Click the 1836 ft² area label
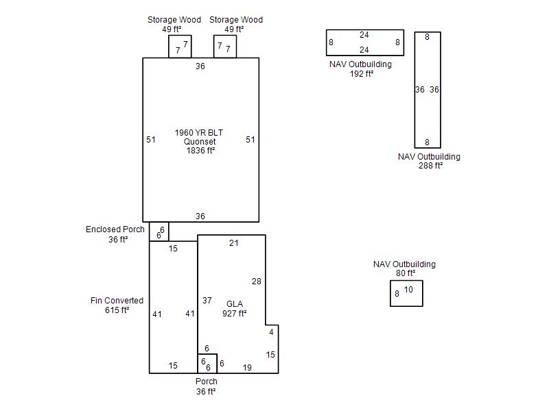[x=200, y=151]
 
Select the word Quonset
[x=200, y=142]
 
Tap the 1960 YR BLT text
[x=199, y=133]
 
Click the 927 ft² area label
[x=234, y=314]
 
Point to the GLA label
[x=235, y=304]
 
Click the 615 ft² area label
[x=117, y=310]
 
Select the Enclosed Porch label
[x=115, y=229]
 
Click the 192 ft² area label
[x=362, y=74]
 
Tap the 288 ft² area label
[x=430, y=166]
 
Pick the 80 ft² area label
[x=406, y=273]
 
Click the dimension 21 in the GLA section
[x=234, y=243]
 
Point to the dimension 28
[x=257, y=282]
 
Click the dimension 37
[x=207, y=301]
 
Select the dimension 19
[x=247, y=368]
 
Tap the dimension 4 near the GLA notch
[x=271, y=332]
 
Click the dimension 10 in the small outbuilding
[x=408, y=289]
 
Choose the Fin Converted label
[x=117, y=301]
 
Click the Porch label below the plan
[x=207, y=382]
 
